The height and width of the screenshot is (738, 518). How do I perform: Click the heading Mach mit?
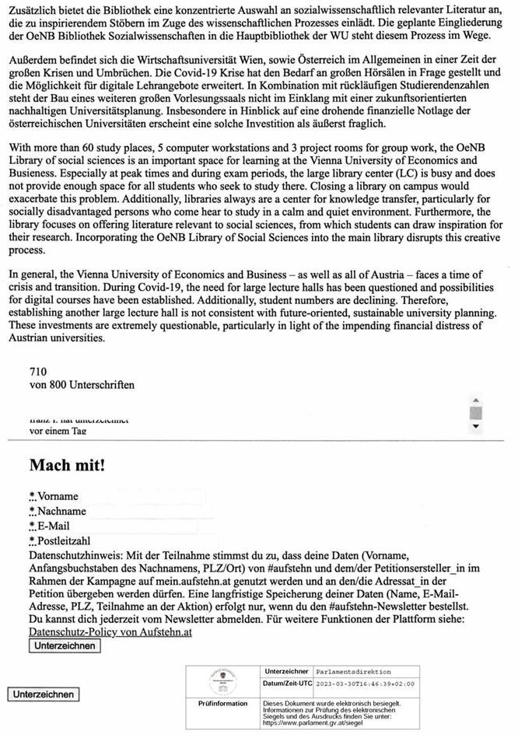point(67,466)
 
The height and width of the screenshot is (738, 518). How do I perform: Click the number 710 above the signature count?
point(38,372)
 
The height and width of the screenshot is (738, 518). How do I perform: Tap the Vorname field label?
point(57,496)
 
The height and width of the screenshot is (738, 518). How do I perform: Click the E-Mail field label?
point(54,526)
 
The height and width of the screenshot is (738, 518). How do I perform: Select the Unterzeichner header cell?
point(287,671)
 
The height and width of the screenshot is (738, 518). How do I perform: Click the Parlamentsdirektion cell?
point(354,671)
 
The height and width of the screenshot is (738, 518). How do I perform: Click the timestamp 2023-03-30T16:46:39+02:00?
point(366,684)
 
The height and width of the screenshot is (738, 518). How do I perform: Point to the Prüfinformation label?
point(223,703)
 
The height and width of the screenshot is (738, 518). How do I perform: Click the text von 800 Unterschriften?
point(81,385)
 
